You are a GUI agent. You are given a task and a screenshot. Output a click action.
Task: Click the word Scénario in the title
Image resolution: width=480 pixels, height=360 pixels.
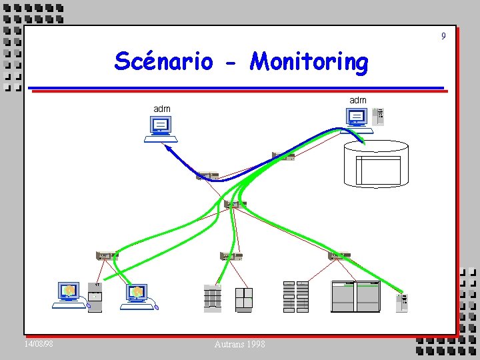click(x=163, y=61)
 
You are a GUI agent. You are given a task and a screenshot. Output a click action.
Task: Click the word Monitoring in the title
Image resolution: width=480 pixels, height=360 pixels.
click(x=309, y=62)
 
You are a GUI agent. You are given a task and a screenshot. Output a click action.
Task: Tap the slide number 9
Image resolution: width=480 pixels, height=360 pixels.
click(x=443, y=36)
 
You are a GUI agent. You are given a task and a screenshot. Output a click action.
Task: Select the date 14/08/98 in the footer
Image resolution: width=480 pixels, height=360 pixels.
click(x=39, y=344)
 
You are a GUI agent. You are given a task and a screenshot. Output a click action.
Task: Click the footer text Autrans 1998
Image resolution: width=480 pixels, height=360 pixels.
click(x=239, y=344)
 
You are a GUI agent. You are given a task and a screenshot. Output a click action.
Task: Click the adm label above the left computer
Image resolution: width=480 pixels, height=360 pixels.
click(x=162, y=109)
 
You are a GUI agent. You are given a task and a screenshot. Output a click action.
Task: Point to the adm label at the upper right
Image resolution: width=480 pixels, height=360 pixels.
click(x=358, y=101)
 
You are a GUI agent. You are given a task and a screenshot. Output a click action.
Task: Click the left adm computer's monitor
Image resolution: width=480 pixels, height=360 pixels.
click(x=161, y=125)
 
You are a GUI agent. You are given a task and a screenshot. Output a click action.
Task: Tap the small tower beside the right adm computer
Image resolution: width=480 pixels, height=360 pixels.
click(x=378, y=116)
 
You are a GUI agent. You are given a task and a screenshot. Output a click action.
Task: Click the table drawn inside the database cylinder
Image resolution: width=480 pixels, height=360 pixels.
click(x=378, y=171)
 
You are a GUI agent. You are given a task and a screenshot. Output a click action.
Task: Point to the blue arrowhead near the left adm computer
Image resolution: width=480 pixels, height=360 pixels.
click(x=168, y=148)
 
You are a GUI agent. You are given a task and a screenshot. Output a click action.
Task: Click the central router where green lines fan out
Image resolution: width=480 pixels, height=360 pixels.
click(x=235, y=205)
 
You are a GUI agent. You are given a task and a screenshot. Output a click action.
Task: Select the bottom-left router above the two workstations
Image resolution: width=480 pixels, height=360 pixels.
click(x=107, y=255)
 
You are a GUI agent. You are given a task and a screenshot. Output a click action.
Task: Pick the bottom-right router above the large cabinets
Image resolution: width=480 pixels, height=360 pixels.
click(x=339, y=255)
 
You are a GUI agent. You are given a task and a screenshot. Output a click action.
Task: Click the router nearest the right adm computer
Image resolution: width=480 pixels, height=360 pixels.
click(x=283, y=156)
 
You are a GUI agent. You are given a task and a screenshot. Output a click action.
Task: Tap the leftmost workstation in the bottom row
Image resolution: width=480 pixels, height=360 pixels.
click(x=69, y=295)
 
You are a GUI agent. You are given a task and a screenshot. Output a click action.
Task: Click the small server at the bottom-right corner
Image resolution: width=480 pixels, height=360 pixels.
click(x=401, y=303)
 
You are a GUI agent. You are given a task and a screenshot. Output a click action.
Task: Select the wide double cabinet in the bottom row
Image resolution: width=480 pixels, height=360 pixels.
click(x=355, y=297)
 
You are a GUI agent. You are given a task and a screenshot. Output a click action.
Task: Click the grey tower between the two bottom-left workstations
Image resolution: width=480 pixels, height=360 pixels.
click(x=95, y=297)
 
